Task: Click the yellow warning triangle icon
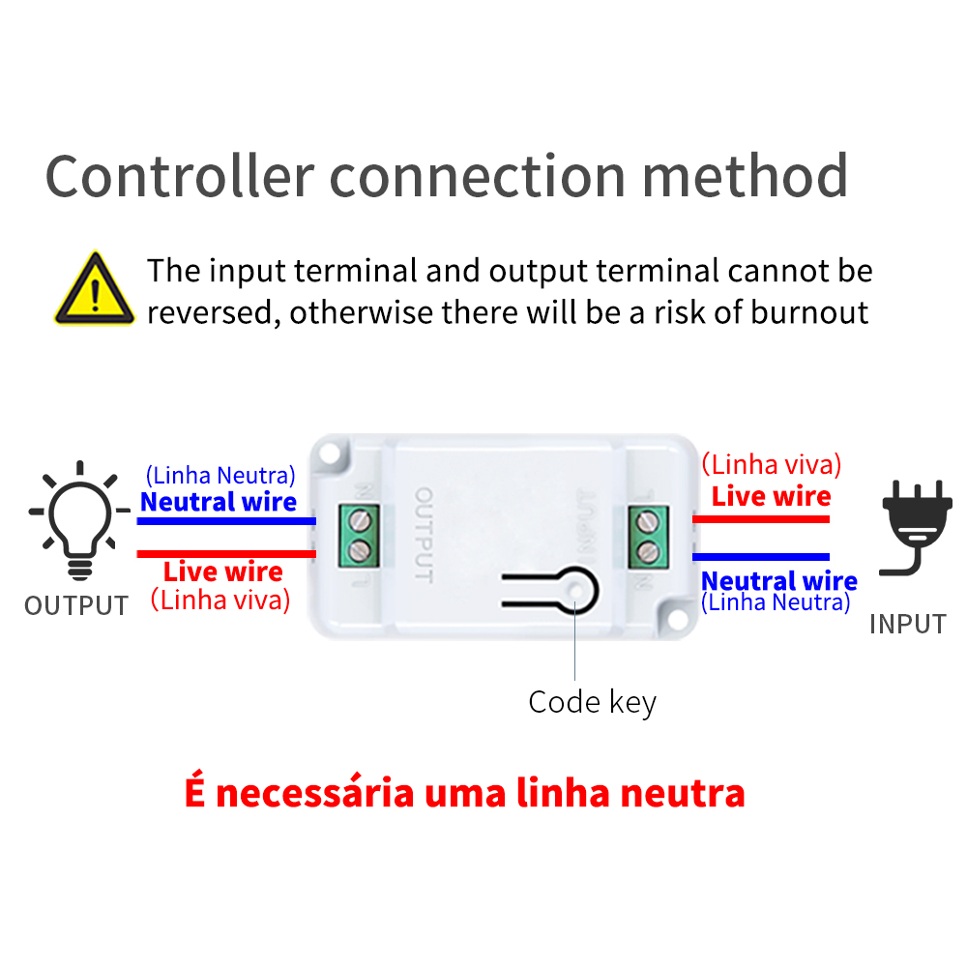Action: pyautogui.click(x=94, y=289)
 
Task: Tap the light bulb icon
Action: pyautogui.click(x=78, y=516)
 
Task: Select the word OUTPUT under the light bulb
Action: pyautogui.click(x=76, y=606)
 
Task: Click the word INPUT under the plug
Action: pyautogui.click(x=907, y=624)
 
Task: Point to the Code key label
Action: pyautogui.click(x=592, y=702)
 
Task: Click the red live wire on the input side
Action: pyautogui.click(x=761, y=519)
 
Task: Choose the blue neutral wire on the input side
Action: pyautogui.click(x=761, y=557)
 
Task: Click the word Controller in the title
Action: pyautogui.click(x=180, y=176)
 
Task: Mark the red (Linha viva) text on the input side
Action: pyautogui.click(x=771, y=464)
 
